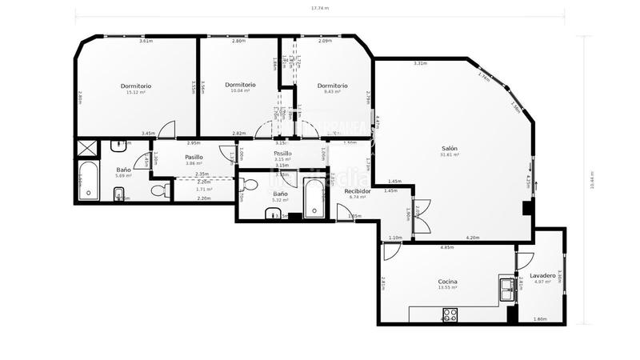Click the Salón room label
[450, 148]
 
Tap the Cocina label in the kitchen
[447, 282]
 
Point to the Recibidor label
[357, 191]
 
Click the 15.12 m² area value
[135, 92]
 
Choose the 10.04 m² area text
[240, 91]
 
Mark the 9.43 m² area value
[332, 92]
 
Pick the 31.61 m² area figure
[450, 155]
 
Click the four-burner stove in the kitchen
[450, 314]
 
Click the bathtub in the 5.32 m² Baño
[314, 196]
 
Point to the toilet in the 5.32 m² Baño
[249, 186]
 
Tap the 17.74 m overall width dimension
[319, 7]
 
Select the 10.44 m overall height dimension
[590, 179]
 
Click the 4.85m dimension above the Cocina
[447, 248]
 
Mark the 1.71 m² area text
[203, 190]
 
